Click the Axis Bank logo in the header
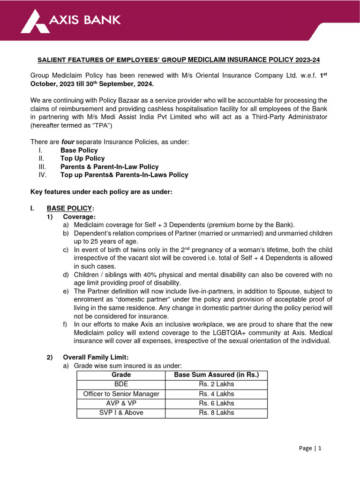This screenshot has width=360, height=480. pyautogui.click(x=71, y=20)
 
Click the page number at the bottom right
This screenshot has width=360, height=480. pyautogui.click(x=311, y=448)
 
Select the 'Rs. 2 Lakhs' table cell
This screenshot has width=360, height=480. pyautogui.click(x=216, y=384)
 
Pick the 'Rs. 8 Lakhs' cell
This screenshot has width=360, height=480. pyautogui.click(x=216, y=412)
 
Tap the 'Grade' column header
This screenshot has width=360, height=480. pyautogui.click(x=121, y=375)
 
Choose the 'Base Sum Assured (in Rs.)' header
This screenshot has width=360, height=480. pyautogui.click(x=216, y=375)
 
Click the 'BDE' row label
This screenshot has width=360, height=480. pyautogui.click(x=121, y=384)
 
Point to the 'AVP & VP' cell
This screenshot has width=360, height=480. pyautogui.click(x=121, y=403)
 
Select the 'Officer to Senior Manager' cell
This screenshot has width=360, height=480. pyautogui.click(x=121, y=394)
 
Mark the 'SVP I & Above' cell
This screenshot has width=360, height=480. pyautogui.click(x=121, y=412)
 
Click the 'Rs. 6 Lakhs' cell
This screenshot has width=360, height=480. pyautogui.click(x=216, y=403)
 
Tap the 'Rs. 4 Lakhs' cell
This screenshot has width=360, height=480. pyautogui.click(x=216, y=394)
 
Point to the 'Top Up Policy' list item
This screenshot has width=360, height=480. pyautogui.click(x=82, y=158)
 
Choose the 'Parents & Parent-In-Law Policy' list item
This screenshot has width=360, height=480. pyautogui.click(x=109, y=166)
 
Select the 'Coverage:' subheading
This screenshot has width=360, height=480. pyautogui.click(x=79, y=217)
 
